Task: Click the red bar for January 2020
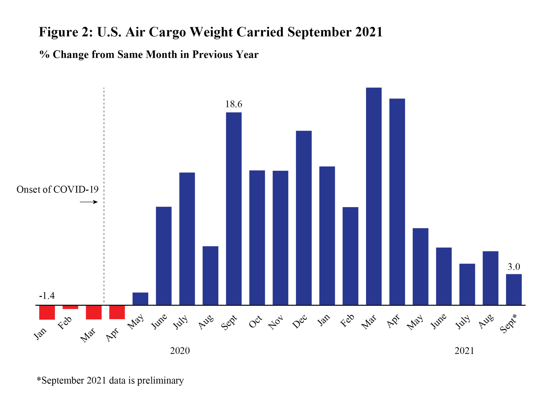pyautogui.click(x=47, y=312)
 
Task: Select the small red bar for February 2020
pyautogui.click(x=70, y=307)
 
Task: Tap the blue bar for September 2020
pyautogui.click(x=234, y=209)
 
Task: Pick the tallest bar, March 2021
pyautogui.click(x=374, y=196)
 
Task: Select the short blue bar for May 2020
pyautogui.click(x=140, y=299)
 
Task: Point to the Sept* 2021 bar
pyautogui.click(x=514, y=289)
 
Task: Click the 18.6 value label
pyautogui.click(x=233, y=104)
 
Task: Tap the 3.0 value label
pyautogui.click(x=514, y=267)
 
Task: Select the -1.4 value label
pyautogui.click(x=47, y=296)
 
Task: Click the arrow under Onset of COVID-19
pyautogui.click(x=89, y=202)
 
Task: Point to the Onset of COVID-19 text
pyautogui.click(x=57, y=189)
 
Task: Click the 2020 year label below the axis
pyautogui.click(x=180, y=351)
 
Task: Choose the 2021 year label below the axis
pyautogui.click(x=464, y=351)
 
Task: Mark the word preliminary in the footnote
pyautogui.click(x=160, y=381)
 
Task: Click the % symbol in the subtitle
pyautogui.click(x=44, y=55)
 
